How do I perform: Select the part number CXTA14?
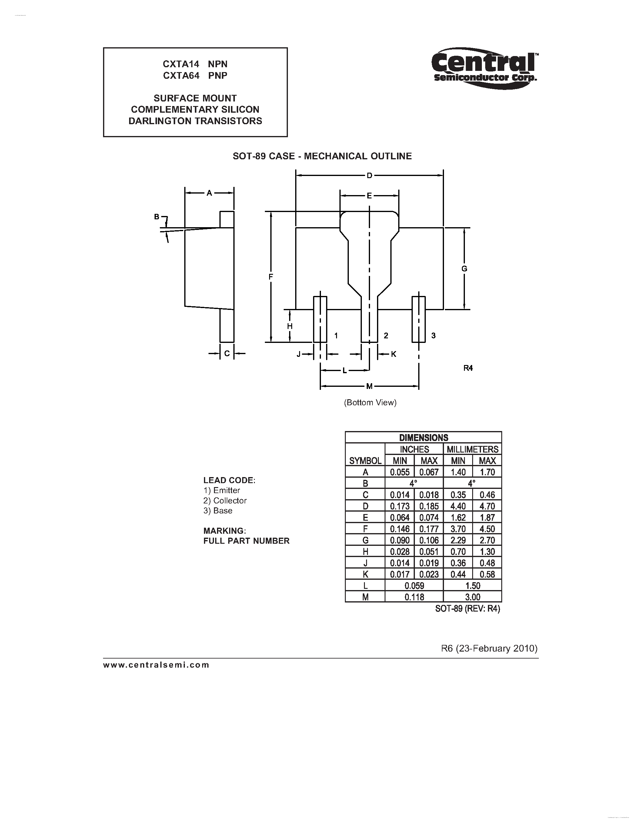click(181, 64)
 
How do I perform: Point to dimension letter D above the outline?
click(369, 176)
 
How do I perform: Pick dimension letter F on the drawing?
click(271, 277)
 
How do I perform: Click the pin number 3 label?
click(433, 336)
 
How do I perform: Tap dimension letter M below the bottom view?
click(369, 387)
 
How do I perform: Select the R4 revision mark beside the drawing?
click(468, 368)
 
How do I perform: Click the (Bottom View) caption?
click(370, 402)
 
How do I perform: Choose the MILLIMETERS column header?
click(472, 449)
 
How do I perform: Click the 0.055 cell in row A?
click(399, 472)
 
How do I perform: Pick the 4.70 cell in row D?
click(487, 506)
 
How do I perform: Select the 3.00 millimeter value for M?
click(472, 597)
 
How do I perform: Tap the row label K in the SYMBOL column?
click(365, 574)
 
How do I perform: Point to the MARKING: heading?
click(224, 530)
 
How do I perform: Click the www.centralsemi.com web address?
click(156, 665)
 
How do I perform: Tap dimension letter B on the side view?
click(156, 217)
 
